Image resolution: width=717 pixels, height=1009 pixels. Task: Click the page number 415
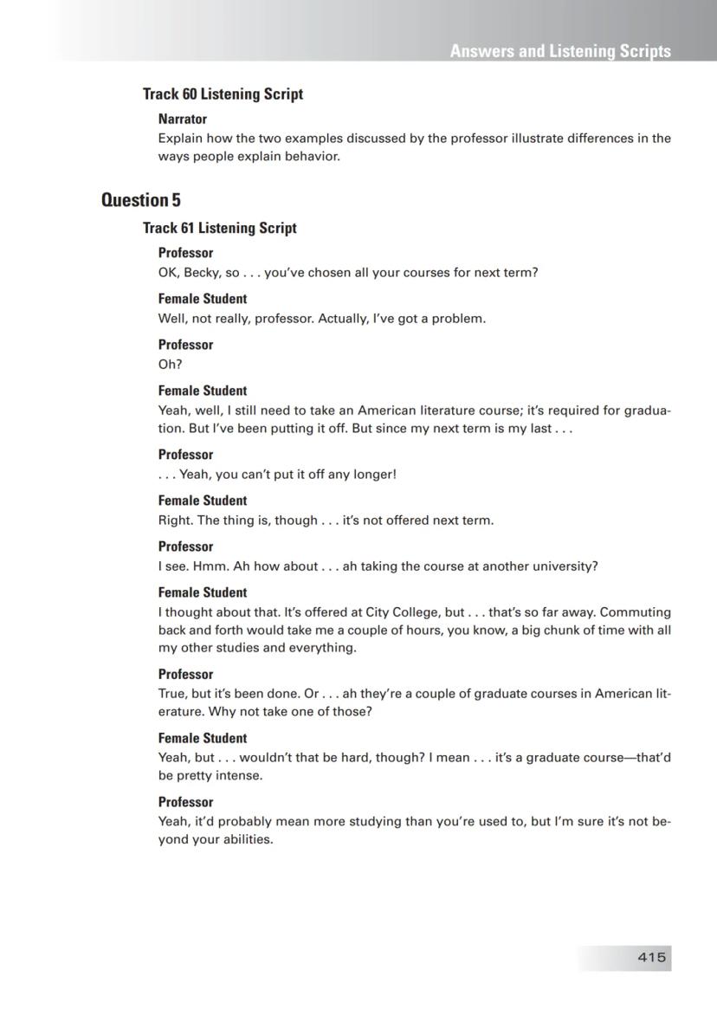[x=651, y=957]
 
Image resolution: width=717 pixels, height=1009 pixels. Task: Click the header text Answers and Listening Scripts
[x=560, y=51]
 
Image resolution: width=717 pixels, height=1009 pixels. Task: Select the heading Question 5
[x=141, y=200]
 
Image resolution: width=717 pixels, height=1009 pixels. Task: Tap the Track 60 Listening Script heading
[x=223, y=94]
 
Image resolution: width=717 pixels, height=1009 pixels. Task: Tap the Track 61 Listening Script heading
[x=219, y=228]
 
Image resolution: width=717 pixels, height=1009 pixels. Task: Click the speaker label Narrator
[x=182, y=119]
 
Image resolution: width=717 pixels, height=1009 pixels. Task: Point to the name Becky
[x=201, y=272]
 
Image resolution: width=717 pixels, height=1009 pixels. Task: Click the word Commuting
[x=636, y=611]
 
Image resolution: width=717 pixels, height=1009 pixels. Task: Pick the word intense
[x=240, y=775]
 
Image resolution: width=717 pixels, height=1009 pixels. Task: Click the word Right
[x=175, y=521]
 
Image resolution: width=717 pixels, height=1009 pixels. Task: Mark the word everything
[x=325, y=648]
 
